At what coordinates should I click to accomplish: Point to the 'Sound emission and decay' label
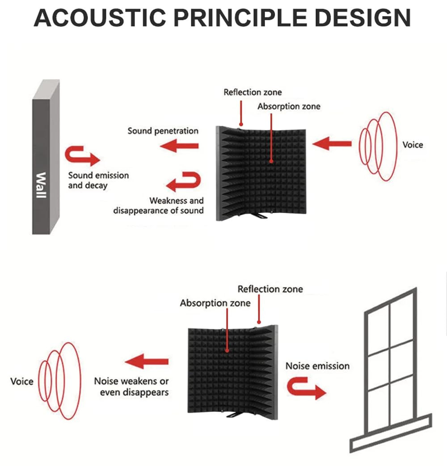click(98, 180)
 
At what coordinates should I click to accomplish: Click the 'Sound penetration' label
click(163, 131)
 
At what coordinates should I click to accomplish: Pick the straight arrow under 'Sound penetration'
click(180, 145)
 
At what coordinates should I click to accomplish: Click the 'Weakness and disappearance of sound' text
click(159, 206)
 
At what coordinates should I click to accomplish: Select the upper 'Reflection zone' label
click(253, 92)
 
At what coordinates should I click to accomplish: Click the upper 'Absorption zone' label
click(289, 106)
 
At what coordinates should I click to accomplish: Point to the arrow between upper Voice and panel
click(332, 144)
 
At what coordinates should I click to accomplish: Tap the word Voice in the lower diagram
click(22, 382)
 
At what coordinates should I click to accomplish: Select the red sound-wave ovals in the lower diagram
click(58, 380)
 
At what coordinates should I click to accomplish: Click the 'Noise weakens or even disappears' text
click(131, 387)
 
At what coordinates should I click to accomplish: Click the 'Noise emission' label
click(317, 366)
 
